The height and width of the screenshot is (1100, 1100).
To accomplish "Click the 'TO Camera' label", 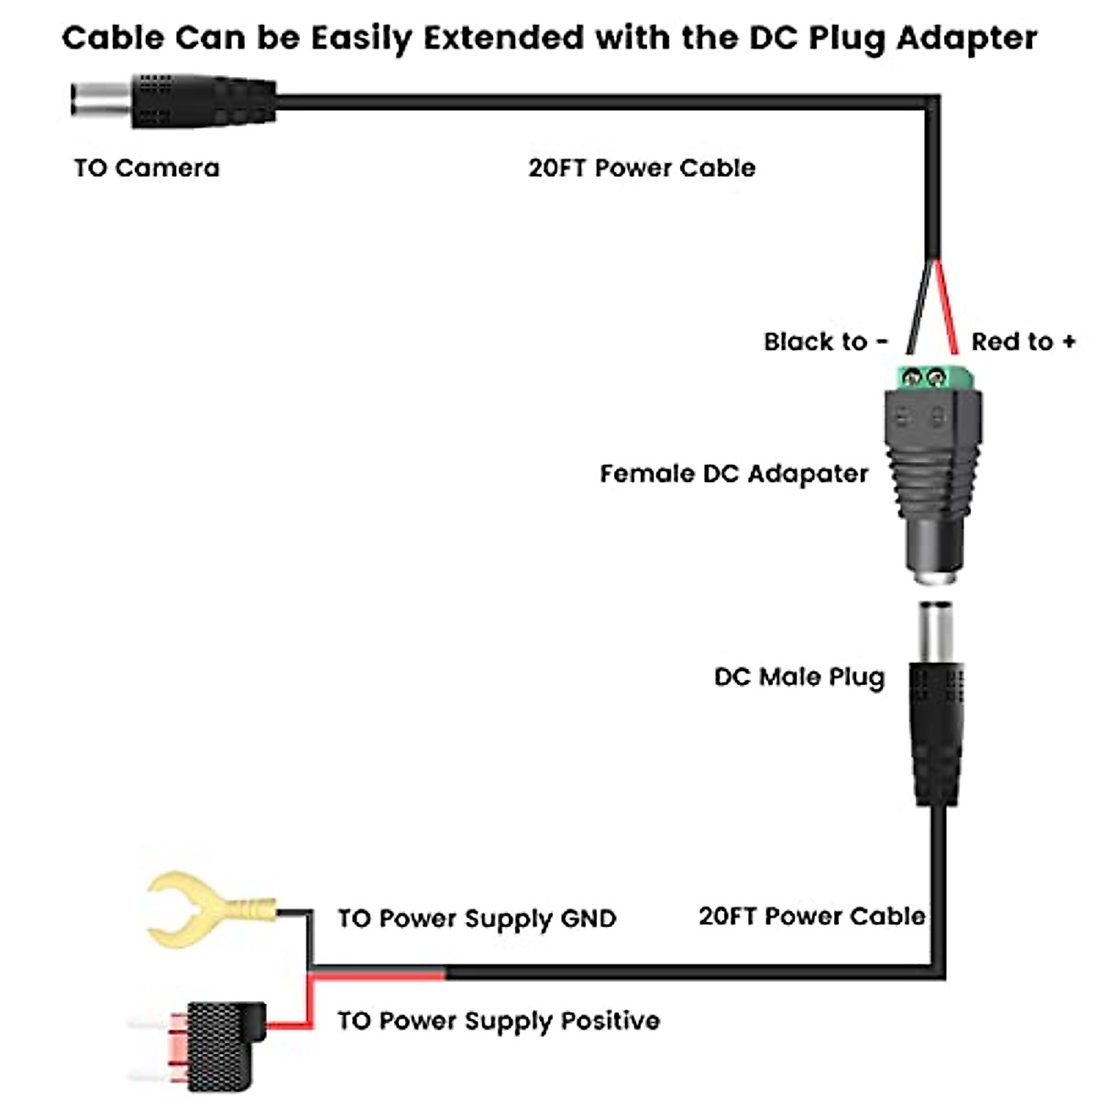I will point(147,168).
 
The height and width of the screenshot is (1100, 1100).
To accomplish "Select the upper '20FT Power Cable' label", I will point(642,168).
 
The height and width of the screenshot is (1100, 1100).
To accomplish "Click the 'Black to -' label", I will point(826,342).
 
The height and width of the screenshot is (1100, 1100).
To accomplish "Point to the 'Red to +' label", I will point(1023,342).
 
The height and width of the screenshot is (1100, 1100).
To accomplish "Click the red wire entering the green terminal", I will point(945,307).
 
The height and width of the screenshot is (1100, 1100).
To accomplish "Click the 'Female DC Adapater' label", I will point(733,474).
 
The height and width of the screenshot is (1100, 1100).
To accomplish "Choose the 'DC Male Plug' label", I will point(799,677).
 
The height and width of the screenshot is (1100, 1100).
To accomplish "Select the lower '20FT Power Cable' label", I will point(811,916).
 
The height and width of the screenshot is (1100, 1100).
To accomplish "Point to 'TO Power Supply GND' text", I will point(477,918).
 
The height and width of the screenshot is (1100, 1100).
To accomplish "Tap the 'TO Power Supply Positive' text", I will point(499,1020).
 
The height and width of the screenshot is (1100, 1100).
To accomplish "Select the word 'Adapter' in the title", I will point(966,38).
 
